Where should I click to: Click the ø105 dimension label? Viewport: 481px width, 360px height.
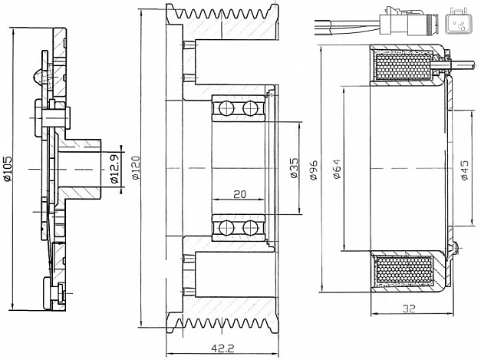click(8, 169)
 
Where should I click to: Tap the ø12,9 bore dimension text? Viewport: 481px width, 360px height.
click(115, 168)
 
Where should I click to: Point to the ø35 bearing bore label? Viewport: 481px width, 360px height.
click(294, 168)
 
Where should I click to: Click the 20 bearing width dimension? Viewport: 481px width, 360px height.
click(240, 194)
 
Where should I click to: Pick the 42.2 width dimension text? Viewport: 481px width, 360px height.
click(222, 348)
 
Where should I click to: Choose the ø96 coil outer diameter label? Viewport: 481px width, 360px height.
click(314, 170)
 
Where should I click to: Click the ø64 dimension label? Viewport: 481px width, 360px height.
click(337, 169)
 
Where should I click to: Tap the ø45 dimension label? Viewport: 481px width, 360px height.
click(464, 170)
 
